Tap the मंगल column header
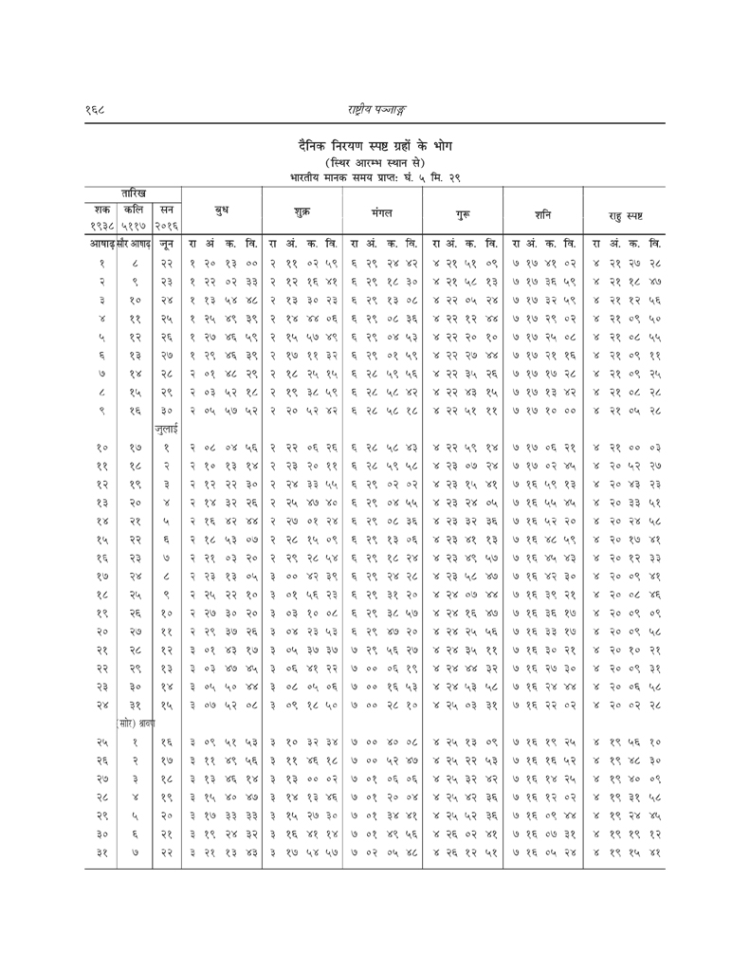(387, 206)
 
